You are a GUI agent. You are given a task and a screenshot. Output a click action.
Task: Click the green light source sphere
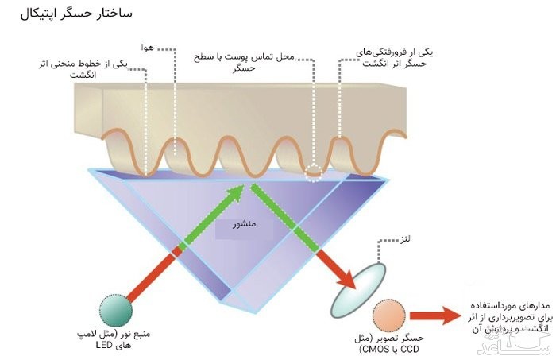click(x=115, y=308)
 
